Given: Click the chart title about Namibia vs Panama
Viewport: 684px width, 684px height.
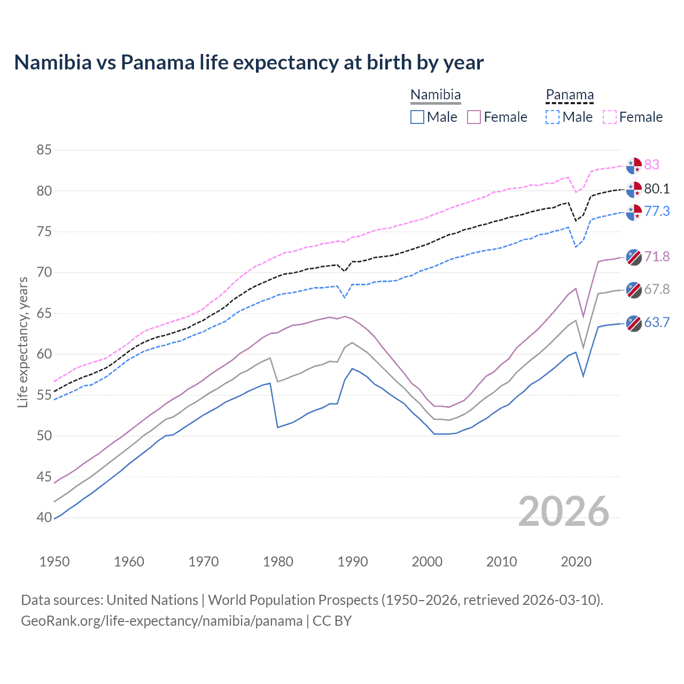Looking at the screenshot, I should point(248,63).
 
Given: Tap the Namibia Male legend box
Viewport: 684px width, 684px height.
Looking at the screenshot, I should point(417,117).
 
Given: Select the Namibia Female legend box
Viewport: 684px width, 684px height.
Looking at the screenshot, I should point(474,117).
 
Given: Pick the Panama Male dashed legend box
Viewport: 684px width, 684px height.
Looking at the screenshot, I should point(553,117).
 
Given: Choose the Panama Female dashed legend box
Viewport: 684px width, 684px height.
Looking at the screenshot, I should point(610,117).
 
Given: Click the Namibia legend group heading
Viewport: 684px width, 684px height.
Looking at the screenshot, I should point(436,95).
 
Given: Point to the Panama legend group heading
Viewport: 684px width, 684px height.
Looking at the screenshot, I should point(570,95).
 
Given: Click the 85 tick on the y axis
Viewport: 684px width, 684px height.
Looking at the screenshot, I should point(44,150).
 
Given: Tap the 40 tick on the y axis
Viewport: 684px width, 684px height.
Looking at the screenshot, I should point(44,517).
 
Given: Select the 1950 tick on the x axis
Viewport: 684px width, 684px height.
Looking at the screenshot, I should point(55,562).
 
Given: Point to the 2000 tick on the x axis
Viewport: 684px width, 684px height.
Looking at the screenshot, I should point(427,562).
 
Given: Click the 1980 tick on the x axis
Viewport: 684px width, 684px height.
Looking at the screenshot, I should point(278,562).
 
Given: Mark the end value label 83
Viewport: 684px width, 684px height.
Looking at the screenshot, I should point(651,165).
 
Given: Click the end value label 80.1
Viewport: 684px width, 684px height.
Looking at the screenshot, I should point(657,189).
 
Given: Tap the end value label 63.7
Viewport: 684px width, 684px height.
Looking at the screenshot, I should point(657,322).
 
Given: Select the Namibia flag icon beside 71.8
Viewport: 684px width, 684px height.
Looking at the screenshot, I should point(634,257).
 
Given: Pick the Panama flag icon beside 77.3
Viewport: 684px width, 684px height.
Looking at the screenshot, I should point(634,212).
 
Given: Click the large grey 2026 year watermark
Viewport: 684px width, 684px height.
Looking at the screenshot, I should point(564,511).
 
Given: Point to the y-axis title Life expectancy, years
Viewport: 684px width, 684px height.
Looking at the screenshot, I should point(23,342).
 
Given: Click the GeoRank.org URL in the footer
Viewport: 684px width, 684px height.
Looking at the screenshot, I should point(161,621).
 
